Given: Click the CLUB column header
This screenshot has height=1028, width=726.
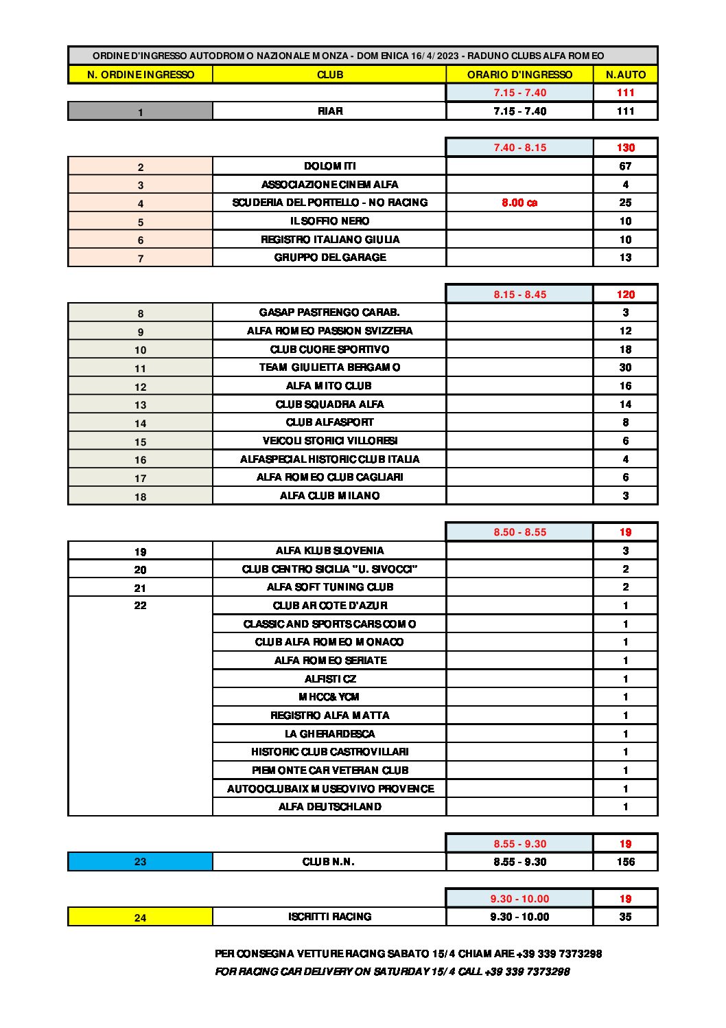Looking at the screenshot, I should tap(329, 74).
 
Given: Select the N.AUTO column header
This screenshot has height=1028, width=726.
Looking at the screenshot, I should tap(625, 74).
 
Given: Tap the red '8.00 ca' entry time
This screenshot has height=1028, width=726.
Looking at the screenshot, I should tap(519, 203).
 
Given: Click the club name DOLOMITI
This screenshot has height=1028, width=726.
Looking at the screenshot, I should tap(329, 166).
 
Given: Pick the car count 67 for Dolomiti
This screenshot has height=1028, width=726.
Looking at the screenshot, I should tap(625, 166).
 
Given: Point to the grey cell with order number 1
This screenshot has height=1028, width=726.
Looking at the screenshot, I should tap(140, 111).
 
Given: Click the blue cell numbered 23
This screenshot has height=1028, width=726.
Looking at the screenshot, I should tap(140, 862).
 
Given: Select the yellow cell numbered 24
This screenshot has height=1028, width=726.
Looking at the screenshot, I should tap(140, 917).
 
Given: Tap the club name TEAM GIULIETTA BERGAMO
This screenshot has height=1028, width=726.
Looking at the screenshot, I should tap(329, 367).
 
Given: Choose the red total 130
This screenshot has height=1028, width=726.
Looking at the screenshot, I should tap(625, 148).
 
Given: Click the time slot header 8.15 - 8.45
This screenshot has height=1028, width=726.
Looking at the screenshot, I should tap(519, 295).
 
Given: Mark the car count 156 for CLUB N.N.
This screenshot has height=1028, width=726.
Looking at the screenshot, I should tap(625, 862).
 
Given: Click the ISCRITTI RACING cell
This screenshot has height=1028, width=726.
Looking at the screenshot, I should tap(329, 917).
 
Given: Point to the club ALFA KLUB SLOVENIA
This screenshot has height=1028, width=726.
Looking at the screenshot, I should tap(329, 551).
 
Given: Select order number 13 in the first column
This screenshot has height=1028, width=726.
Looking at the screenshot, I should tap(140, 404).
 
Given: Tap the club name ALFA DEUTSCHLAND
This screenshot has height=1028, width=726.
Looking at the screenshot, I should tap(329, 807).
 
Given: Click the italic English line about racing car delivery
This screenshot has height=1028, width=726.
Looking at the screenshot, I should tap(392, 972).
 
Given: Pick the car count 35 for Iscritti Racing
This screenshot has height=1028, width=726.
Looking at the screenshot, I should tap(625, 917).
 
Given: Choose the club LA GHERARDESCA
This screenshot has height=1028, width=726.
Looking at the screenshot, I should tap(329, 733).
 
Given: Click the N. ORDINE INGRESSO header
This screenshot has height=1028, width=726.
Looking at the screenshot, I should tap(140, 74).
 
